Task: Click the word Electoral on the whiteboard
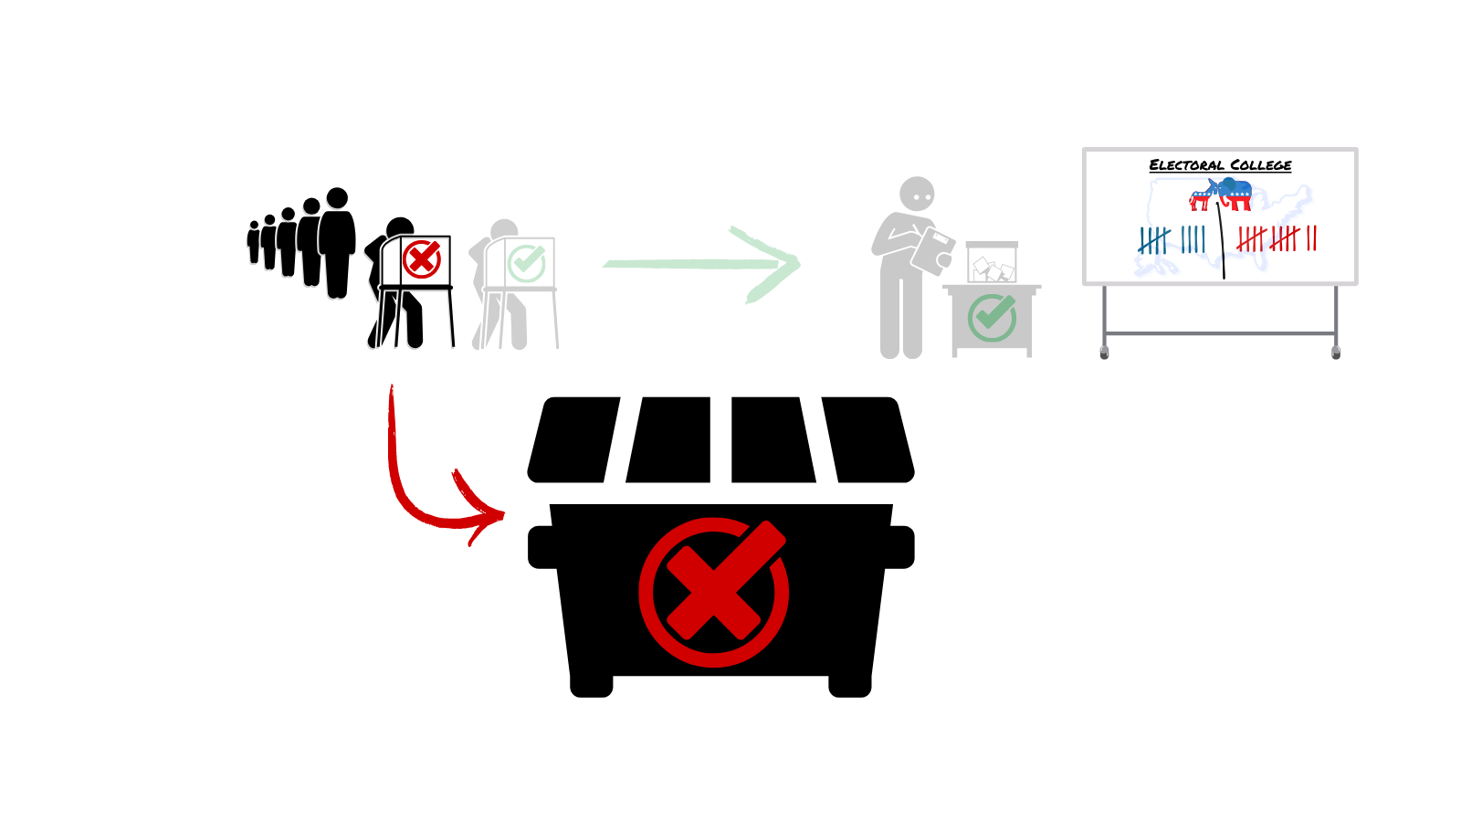pos(1187,165)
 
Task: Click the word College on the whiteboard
pos(1261,165)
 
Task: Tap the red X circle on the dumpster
pos(713,592)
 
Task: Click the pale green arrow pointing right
pos(701,264)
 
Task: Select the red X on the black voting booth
pos(422,258)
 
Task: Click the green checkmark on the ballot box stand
pos(992,318)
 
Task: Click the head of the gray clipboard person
pos(917,195)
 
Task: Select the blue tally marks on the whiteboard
pos(1172,239)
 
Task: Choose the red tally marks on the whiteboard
pos(1277,238)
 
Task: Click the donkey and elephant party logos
pos(1221,195)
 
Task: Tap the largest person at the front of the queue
pos(337,243)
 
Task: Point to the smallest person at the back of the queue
pos(254,242)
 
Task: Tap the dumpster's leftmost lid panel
pos(574,439)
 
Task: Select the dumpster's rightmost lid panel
pos(868,439)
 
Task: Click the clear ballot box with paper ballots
pos(992,262)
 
